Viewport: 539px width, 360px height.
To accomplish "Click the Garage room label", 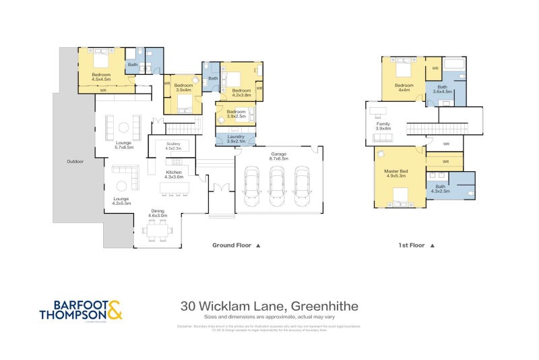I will (x=278, y=156).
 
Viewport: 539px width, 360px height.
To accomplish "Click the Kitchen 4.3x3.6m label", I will (x=174, y=175).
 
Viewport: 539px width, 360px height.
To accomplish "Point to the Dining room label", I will (x=157, y=214).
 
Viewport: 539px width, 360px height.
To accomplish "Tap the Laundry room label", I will (x=236, y=139).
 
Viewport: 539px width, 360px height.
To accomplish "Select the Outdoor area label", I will (x=75, y=161).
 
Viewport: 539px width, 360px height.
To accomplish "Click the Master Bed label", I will (x=395, y=173).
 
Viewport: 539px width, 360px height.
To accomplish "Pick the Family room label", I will (x=383, y=125).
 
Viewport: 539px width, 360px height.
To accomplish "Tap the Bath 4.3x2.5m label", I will (x=441, y=189).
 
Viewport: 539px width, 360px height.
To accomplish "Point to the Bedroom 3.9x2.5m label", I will (x=236, y=113).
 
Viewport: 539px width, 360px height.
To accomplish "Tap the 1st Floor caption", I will (x=412, y=246).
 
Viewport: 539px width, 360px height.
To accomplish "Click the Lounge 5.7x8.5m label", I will (x=124, y=144).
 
